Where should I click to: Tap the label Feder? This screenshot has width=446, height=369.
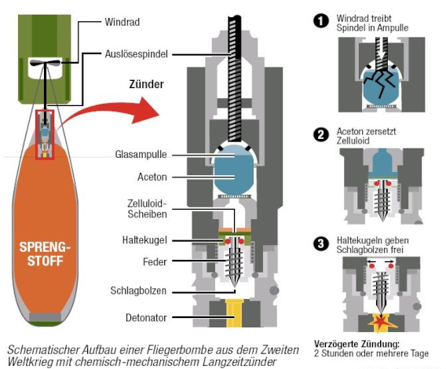(154, 261)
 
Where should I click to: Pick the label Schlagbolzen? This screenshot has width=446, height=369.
(138, 290)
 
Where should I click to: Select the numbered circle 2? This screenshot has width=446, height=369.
(320, 134)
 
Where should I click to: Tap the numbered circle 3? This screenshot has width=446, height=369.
(320, 243)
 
